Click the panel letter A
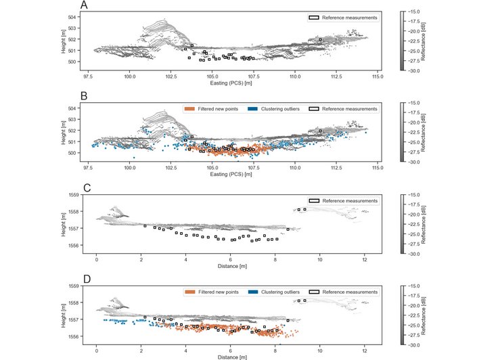pos(84,5)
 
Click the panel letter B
pos(84,97)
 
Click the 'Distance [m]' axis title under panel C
pos(231,267)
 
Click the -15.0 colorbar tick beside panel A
pos(415,12)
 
